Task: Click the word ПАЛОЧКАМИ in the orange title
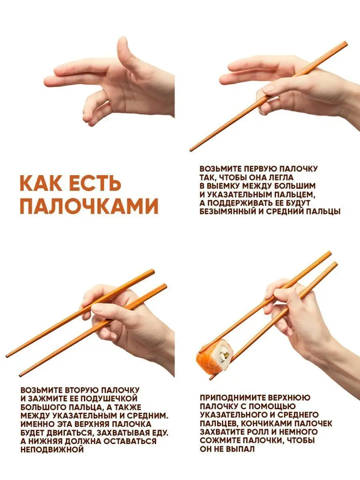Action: (x=89, y=206)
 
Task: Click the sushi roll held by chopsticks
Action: (x=215, y=359)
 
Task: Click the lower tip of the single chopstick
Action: (x=191, y=150)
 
